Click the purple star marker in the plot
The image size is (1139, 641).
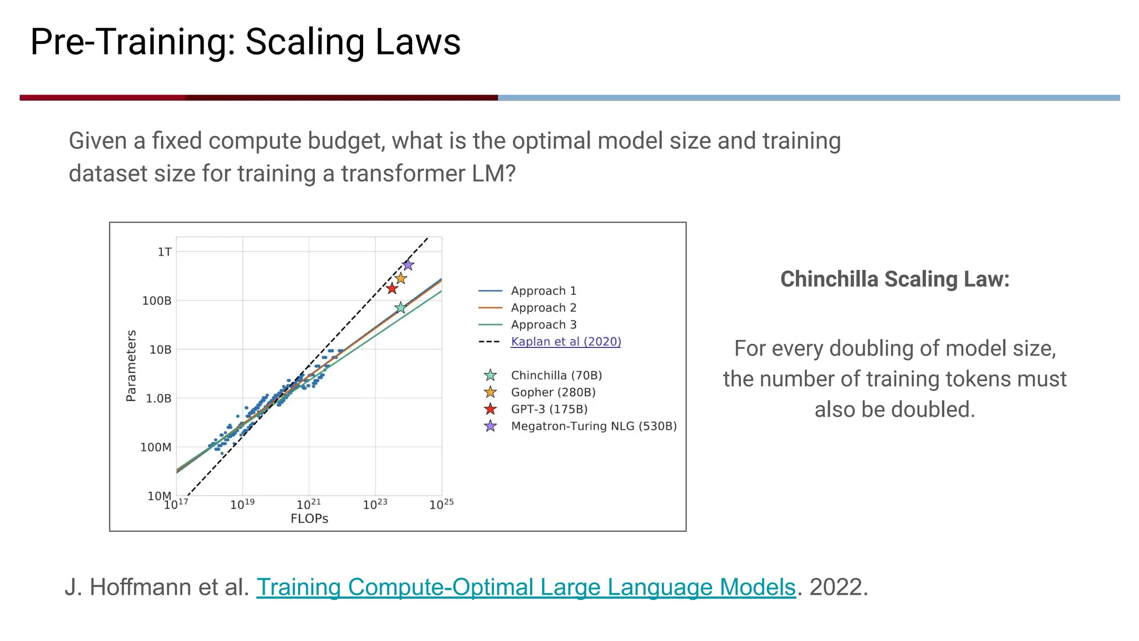click(x=408, y=265)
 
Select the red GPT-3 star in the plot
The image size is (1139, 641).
click(x=392, y=288)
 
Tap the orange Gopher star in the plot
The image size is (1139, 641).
click(x=400, y=278)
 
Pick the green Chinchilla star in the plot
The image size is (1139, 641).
click(x=400, y=308)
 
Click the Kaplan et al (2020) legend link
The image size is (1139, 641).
click(x=566, y=342)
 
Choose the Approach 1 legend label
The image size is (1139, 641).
click(x=543, y=291)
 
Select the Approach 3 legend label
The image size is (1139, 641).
click(x=543, y=325)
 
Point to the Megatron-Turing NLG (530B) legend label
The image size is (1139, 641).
click(x=593, y=426)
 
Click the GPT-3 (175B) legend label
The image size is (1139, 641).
click(x=549, y=410)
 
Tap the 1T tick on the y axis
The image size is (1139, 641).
click(x=165, y=252)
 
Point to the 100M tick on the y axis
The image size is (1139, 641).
click(x=156, y=447)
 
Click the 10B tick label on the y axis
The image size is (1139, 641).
click(x=160, y=349)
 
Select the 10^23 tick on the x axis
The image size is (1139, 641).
click(x=375, y=505)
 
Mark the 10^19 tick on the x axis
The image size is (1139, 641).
click(x=242, y=505)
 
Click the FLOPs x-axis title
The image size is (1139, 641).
click(x=309, y=519)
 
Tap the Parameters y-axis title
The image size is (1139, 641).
click(x=131, y=366)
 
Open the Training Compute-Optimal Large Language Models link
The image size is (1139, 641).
click(x=526, y=587)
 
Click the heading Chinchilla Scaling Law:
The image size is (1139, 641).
click(x=894, y=279)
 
